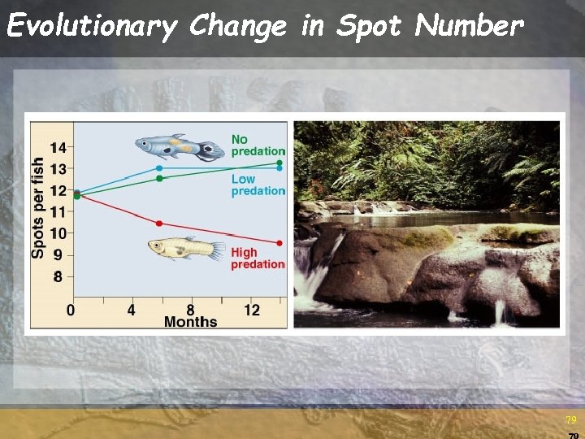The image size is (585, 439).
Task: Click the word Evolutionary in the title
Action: click(91, 28)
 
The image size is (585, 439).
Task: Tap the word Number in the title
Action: click(469, 26)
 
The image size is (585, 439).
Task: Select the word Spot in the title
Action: click(369, 28)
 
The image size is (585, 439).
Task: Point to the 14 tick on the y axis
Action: click(57, 147)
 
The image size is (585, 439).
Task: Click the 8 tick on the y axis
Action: click(58, 276)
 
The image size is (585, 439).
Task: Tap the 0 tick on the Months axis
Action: click(71, 310)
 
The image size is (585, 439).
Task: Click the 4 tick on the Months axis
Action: click(132, 310)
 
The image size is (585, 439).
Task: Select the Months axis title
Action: click(190, 322)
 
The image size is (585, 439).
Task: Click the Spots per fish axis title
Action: click(38, 207)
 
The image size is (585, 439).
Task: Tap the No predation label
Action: click(258, 145)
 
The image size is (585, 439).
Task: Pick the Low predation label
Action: click(258, 185)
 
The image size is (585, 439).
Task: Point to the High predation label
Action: click(258, 258)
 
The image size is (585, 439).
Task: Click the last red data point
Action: click(279, 243)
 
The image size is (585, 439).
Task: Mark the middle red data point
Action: click(159, 223)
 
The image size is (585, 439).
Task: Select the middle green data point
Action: click(159, 178)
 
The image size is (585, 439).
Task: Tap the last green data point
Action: click(279, 163)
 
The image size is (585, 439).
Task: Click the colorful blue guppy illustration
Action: click(180, 147)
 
